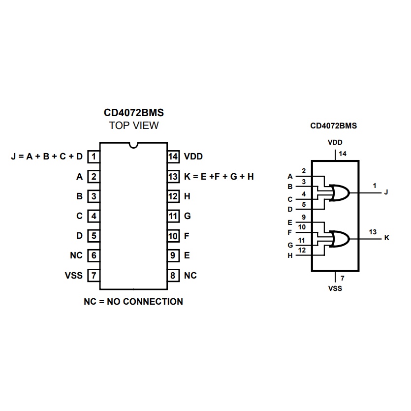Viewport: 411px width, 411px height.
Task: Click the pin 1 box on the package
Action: pyautogui.click(x=94, y=157)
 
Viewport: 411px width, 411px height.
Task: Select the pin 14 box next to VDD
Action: pyautogui.click(x=173, y=157)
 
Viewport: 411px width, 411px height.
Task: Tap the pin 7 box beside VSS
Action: pyautogui.click(x=94, y=275)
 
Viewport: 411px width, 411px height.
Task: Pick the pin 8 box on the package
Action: pyautogui.click(x=173, y=275)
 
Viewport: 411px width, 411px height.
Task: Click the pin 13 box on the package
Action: pyautogui.click(x=173, y=176)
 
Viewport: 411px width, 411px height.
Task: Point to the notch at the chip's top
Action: pyautogui.click(x=133, y=146)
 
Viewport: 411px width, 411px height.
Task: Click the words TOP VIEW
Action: pyautogui.click(x=134, y=126)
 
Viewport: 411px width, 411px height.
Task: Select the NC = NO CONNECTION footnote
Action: pyautogui.click(x=133, y=301)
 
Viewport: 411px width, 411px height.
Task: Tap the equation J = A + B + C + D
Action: pyautogui.click(x=47, y=157)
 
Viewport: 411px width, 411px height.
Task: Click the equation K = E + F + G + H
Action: pyautogui.click(x=219, y=176)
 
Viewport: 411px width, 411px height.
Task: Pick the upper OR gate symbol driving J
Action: pyautogui.click(x=340, y=192)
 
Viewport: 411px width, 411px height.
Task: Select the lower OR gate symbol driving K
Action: pyautogui.click(x=340, y=239)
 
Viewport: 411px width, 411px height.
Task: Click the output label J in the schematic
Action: pyautogui.click(x=386, y=192)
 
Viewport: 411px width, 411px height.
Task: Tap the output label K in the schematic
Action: pyautogui.click(x=386, y=238)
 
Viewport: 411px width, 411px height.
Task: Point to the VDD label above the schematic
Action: pyautogui.click(x=335, y=142)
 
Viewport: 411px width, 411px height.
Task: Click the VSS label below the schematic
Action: pyautogui.click(x=335, y=288)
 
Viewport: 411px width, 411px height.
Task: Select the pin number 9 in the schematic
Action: pyautogui.click(x=304, y=217)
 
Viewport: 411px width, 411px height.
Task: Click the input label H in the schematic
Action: pyautogui.click(x=290, y=255)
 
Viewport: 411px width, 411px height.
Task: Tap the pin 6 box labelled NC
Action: pyautogui.click(x=94, y=255)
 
